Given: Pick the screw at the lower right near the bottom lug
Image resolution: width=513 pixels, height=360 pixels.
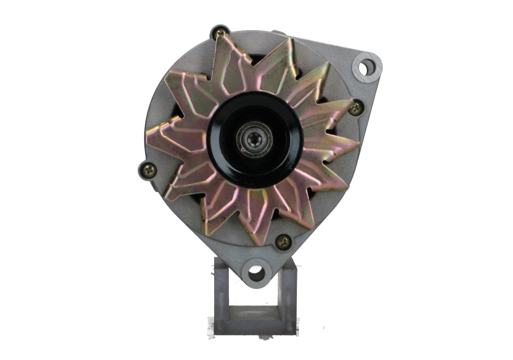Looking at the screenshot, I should point(282,242).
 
